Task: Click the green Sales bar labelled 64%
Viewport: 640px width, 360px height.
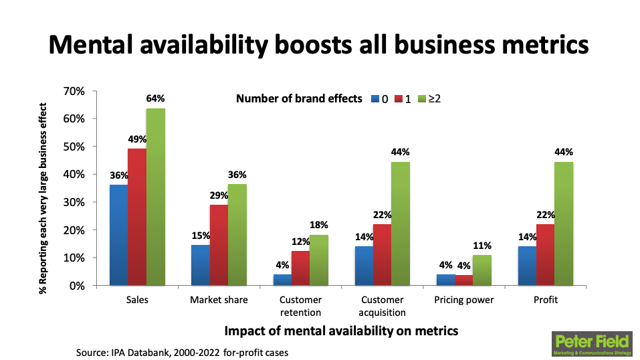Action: pyautogui.click(x=156, y=197)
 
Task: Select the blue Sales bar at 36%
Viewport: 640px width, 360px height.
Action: pyautogui.click(x=118, y=235)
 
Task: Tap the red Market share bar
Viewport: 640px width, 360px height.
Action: pyautogui.click(x=218, y=245)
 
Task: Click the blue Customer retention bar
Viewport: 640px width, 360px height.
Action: pyautogui.click(x=281, y=280)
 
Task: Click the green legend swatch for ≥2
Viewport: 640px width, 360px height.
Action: pyautogui.click(x=421, y=99)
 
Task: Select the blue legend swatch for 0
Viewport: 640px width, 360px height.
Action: pyautogui.click(x=376, y=99)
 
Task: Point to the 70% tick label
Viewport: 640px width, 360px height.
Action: pyautogui.click(x=74, y=91)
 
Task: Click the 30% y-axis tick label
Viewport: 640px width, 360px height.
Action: pyautogui.click(x=74, y=202)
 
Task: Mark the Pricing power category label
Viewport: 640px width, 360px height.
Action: pyautogui.click(x=463, y=300)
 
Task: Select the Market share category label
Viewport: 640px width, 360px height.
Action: pyautogui.click(x=219, y=300)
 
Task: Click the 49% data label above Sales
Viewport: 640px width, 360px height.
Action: pyautogui.click(x=137, y=139)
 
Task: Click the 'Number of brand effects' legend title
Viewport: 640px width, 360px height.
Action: pyautogui.click(x=300, y=99)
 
